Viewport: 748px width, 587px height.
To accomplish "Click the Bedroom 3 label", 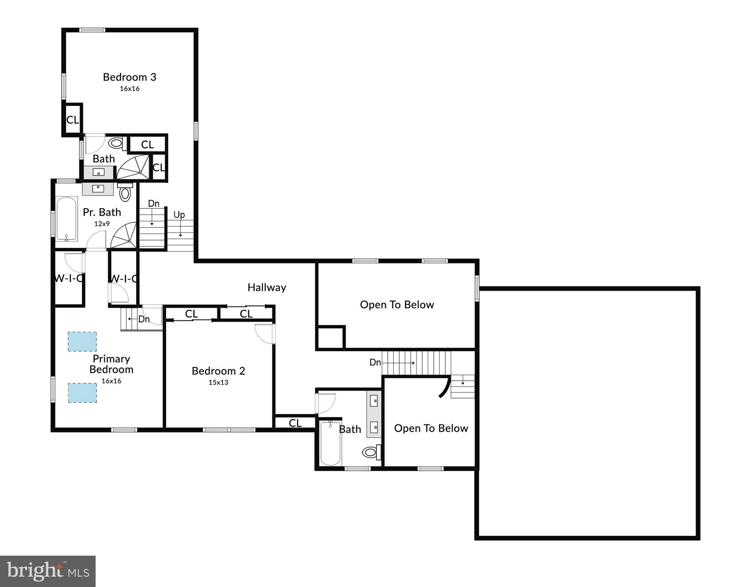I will pyautogui.click(x=129, y=77).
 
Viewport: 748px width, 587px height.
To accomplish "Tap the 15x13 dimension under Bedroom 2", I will pyautogui.click(x=218, y=382).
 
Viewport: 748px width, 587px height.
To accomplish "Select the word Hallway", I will pyautogui.click(x=267, y=287).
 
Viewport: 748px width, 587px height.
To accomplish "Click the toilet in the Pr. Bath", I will pyautogui.click(x=125, y=193).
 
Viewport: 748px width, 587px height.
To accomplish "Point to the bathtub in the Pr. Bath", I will pyautogui.click(x=67, y=219).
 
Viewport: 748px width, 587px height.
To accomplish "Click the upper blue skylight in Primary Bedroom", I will pyautogui.click(x=82, y=341).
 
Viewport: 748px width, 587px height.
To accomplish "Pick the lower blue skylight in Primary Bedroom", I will pyautogui.click(x=82, y=392).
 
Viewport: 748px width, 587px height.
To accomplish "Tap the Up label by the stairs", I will pyautogui.click(x=179, y=215).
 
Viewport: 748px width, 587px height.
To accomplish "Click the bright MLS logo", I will pyautogui.click(x=48, y=571).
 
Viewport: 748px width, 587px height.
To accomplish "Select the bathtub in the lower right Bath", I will pyautogui.click(x=330, y=443).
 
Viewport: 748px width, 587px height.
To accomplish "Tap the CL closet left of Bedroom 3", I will pyautogui.click(x=72, y=120).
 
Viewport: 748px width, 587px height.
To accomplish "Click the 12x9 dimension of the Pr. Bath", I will pyautogui.click(x=102, y=224).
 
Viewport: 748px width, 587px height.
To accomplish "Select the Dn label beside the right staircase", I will pyautogui.click(x=375, y=362).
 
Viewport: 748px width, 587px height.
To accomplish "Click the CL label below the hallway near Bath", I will pyautogui.click(x=295, y=423).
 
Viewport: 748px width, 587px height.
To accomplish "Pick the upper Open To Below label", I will pyautogui.click(x=397, y=305).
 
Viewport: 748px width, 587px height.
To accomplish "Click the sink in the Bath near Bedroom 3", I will pyautogui.click(x=98, y=172).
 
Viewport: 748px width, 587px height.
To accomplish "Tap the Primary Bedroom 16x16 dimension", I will pyautogui.click(x=111, y=381).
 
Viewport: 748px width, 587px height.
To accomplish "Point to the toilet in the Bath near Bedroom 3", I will pyautogui.click(x=116, y=144).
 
